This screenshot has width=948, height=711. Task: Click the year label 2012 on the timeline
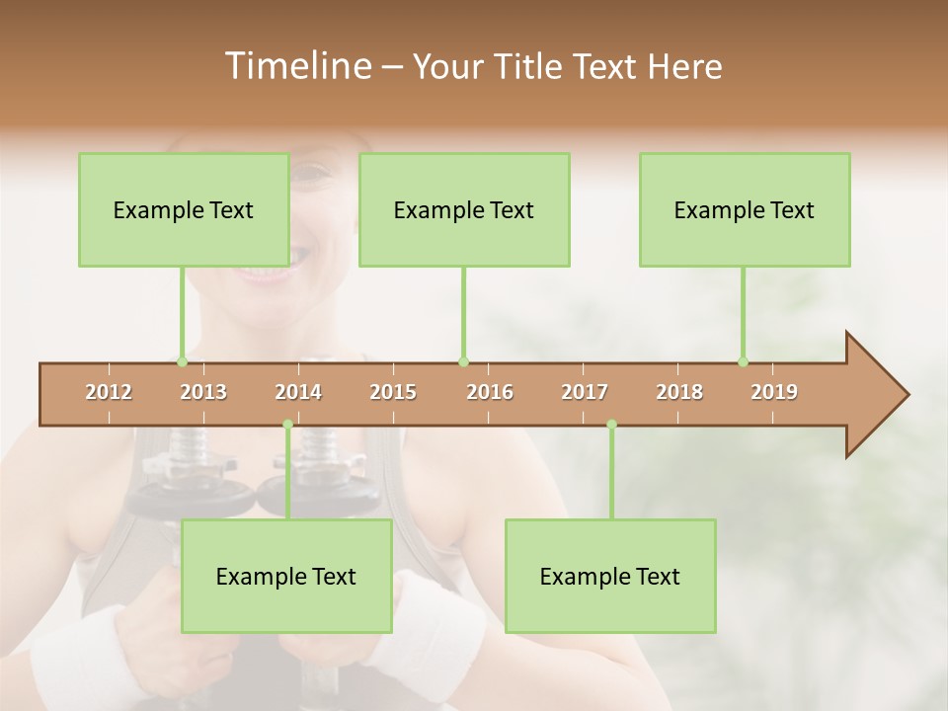tap(109, 392)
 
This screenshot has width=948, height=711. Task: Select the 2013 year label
tap(203, 392)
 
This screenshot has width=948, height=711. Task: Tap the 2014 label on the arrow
tap(298, 392)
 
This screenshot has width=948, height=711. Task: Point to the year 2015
tap(393, 392)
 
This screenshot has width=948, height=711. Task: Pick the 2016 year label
tap(490, 392)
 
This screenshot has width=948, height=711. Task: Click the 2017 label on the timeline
tap(585, 392)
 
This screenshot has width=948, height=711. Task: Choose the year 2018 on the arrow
tap(679, 392)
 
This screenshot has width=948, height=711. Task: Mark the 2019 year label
tap(774, 392)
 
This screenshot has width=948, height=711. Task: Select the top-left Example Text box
tap(184, 209)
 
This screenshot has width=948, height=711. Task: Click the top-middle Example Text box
tap(464, 209)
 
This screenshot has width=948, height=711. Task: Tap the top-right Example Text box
tap(745, 209)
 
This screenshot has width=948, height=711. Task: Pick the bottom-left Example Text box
tap(286, 576)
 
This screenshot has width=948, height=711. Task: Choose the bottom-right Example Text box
tap(610, 576)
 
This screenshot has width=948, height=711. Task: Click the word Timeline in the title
tap(296, 66)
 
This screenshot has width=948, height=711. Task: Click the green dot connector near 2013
tap(183, 361)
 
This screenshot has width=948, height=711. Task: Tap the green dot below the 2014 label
tap(287, 425)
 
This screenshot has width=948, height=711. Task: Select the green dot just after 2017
tap(611, 425)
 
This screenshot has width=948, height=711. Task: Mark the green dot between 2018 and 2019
tap(743, 361)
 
